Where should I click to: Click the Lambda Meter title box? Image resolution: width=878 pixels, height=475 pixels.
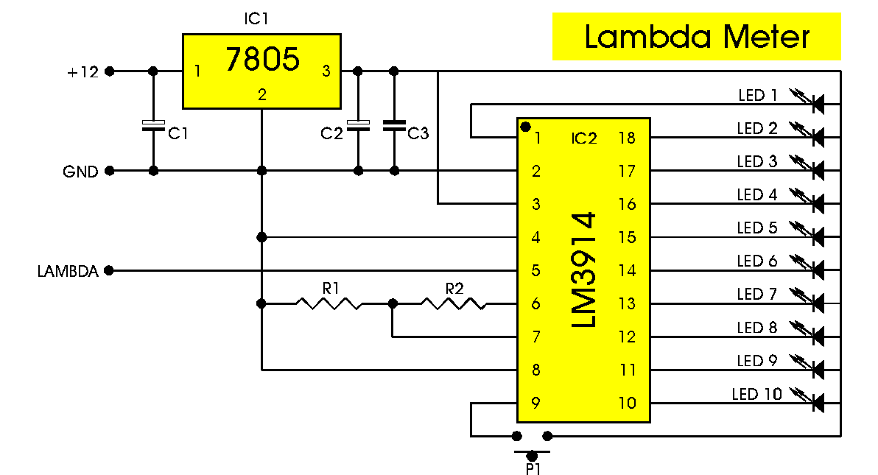(696, 37)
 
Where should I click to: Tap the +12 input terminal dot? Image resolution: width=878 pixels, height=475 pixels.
(109, 71)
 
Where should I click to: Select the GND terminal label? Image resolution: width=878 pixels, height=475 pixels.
(80, 172)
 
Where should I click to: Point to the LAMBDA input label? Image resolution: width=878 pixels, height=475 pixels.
(68, 271)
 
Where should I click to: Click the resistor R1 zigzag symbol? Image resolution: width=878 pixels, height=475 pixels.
(329, 303)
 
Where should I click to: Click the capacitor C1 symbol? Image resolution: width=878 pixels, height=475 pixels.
(153, 126)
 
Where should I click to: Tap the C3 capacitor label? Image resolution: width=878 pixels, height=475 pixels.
(418, 133)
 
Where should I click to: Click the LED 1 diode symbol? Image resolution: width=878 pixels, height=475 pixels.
(816, 105)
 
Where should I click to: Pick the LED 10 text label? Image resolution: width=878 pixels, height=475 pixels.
(756, 395)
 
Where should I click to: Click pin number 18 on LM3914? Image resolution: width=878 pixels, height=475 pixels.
(627, 138)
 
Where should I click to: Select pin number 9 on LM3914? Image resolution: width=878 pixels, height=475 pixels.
(536, 403)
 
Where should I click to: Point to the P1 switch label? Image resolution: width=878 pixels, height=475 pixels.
(533, 467)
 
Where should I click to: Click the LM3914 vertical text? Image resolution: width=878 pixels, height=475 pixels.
(584, 270)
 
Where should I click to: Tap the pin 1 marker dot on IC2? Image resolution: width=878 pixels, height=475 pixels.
(525, 127)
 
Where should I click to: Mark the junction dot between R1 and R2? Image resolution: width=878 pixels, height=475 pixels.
(392, 303)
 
